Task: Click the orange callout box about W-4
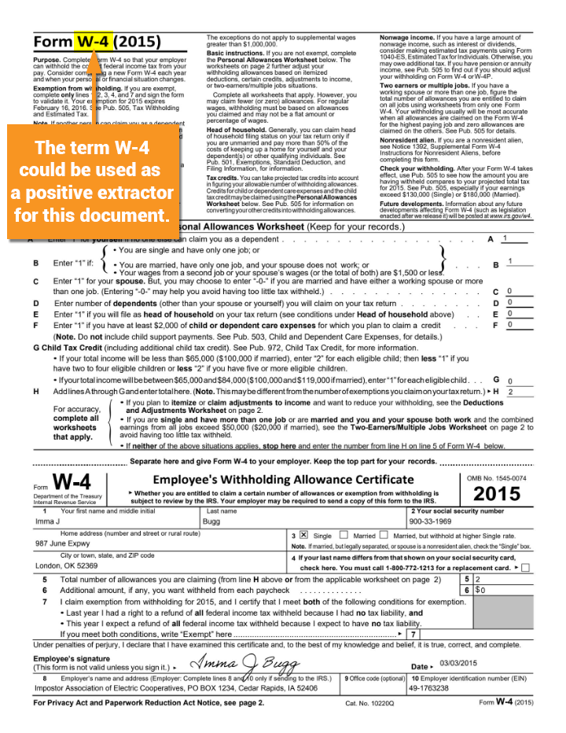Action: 93,181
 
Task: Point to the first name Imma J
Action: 48,521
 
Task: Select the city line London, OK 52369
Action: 67,565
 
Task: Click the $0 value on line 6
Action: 481,589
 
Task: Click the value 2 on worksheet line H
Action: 511,391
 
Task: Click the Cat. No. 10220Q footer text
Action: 370,702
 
